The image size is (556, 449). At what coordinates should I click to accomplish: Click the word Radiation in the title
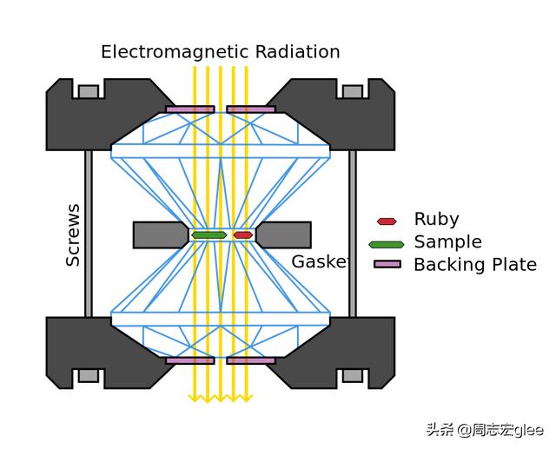pos(298,52)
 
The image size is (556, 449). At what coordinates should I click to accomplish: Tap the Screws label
pos(73,235)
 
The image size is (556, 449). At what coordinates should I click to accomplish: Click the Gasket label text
pos(321,262)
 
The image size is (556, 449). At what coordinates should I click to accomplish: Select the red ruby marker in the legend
pos(387,221)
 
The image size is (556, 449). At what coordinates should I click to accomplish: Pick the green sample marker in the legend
pos(387,245)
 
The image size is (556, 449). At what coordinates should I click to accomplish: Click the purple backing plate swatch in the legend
pos(387,264)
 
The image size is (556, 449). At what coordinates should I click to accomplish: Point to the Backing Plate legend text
pos(475,265)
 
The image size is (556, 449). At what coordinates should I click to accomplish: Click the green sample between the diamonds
pos(209,235)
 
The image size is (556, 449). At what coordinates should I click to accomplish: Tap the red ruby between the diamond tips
pos(243,235)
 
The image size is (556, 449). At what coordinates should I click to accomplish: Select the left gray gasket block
pos(161,235)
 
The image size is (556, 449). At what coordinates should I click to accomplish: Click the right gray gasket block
pos(284,235)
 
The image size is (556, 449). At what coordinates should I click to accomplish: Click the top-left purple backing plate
pos(190,109)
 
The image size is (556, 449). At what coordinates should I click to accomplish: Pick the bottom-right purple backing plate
pos(251,360)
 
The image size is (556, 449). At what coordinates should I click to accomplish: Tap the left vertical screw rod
pos(89,234)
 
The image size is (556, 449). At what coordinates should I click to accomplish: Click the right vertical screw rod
pos(353,234)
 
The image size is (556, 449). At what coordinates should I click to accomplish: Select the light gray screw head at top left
pos(89,91)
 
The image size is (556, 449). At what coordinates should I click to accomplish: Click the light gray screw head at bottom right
pos(353,376)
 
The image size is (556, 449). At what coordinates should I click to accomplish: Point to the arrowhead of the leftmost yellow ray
pos(195,399)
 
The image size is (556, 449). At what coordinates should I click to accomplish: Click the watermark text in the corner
pos(485,430)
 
